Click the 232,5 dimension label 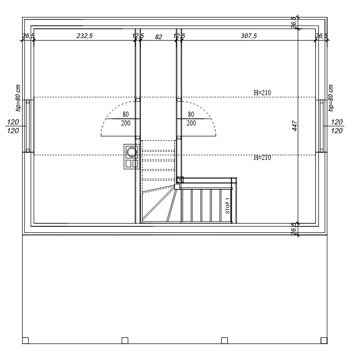click(84, 36)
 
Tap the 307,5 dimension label click(248, 36)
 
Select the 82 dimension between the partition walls click(158, 37)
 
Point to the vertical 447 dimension click(295, 125)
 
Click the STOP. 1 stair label click(228, 206)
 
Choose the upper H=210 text click(262, 93)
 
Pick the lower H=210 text click(262, 157)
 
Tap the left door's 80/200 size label click(125, 119)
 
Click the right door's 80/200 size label click(191, 119)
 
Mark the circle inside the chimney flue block click(132, 152)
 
